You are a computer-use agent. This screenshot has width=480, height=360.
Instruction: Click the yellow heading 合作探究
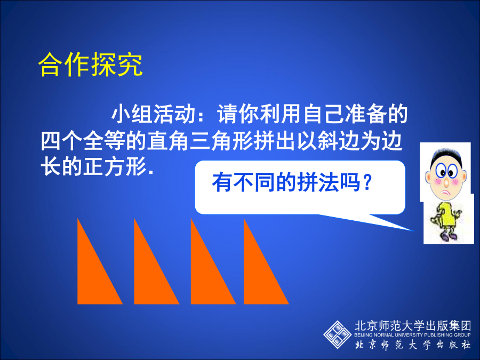[91, 64]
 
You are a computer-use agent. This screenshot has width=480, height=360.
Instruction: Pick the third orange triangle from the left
[206, 276]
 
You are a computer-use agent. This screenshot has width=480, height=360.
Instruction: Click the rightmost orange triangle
[259, 276]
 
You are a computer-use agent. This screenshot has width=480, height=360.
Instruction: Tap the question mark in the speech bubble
[367, 182]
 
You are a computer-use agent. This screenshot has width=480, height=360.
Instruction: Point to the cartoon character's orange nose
[446, 183]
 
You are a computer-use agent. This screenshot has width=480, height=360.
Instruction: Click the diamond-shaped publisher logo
[338, 334]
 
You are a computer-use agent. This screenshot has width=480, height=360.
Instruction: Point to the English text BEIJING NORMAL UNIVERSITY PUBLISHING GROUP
[412, 335]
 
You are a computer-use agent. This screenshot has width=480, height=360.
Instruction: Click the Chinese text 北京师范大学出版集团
[413, 326]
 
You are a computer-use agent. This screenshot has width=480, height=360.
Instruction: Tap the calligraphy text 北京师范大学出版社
[413, 345]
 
